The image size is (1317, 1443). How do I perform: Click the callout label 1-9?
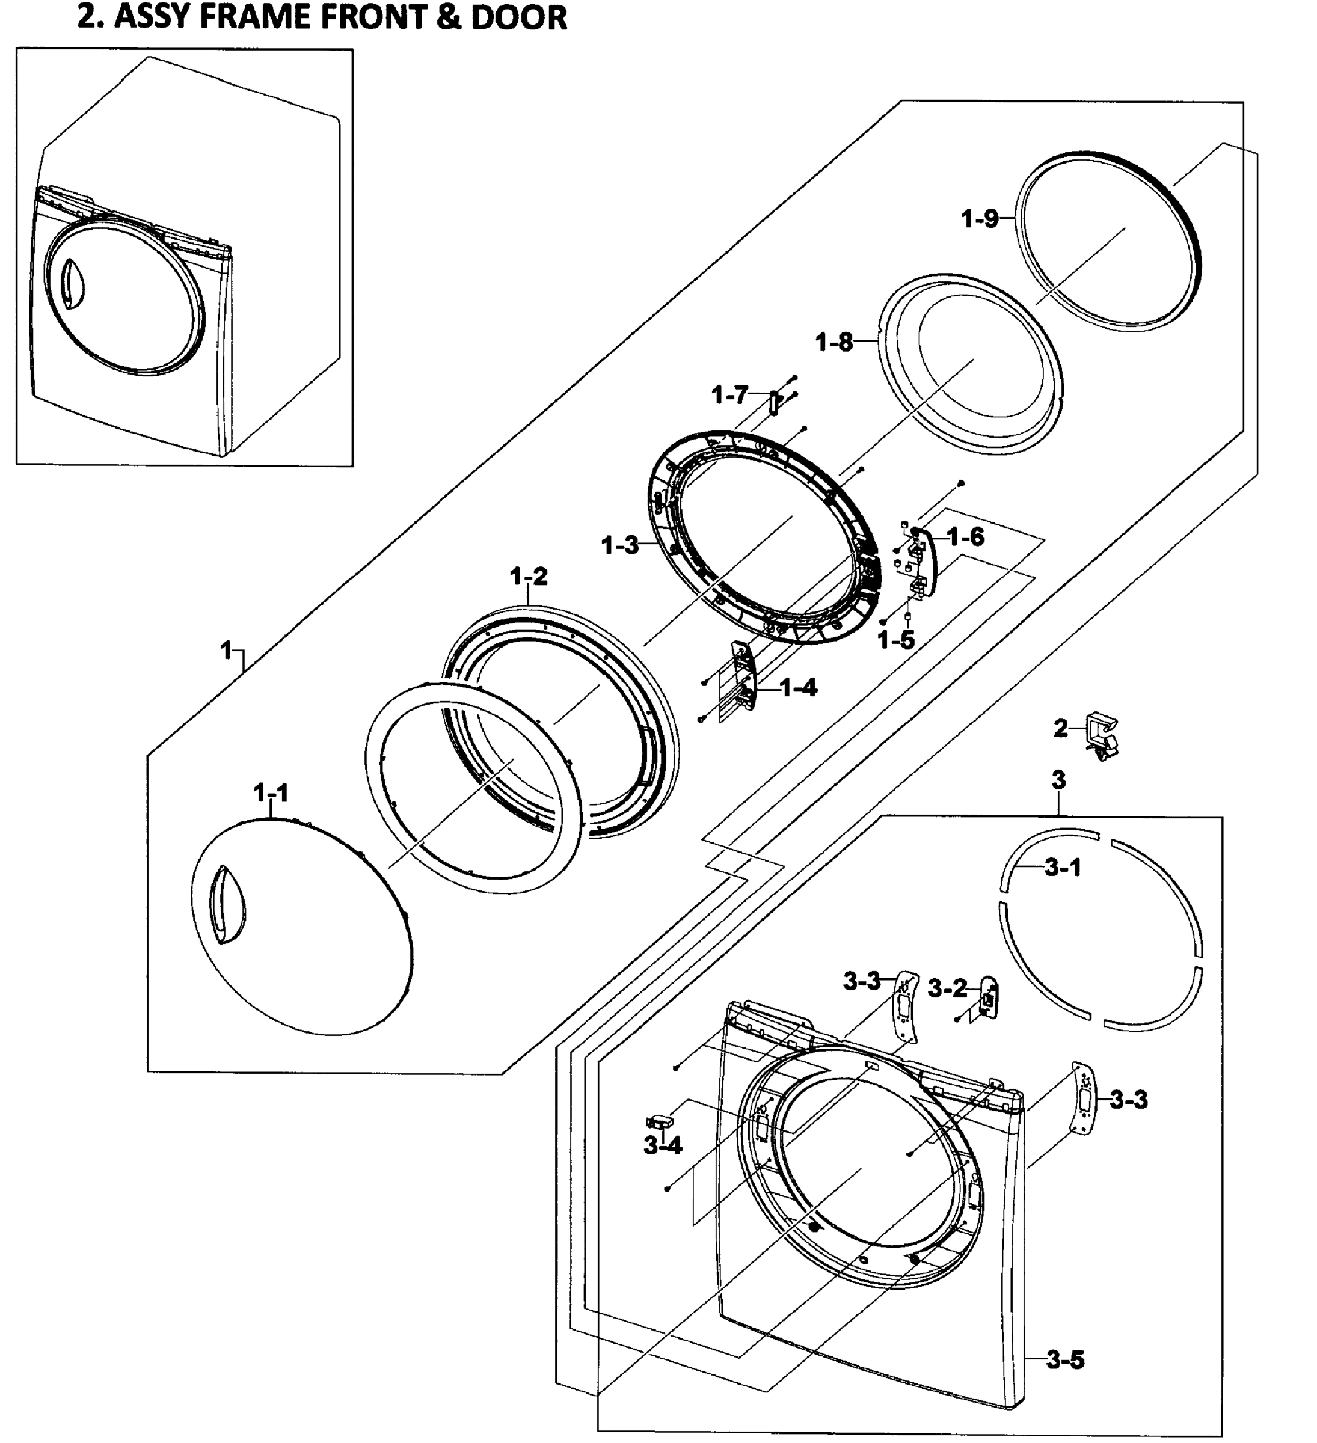coord(979,218)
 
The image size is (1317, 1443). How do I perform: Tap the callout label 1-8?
coord(835,342)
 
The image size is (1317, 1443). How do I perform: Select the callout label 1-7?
coord(729,394)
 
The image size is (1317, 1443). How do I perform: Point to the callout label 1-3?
coord(620,545)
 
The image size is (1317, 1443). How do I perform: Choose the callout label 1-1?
coord(271,793)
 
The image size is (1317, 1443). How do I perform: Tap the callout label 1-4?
coord(798,688)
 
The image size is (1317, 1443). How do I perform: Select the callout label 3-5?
coord(1065,1359)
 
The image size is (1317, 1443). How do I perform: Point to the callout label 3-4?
coord(663,1146)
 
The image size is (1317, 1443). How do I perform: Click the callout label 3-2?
coord(948,989)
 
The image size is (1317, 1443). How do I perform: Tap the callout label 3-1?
coord(1063,868)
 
